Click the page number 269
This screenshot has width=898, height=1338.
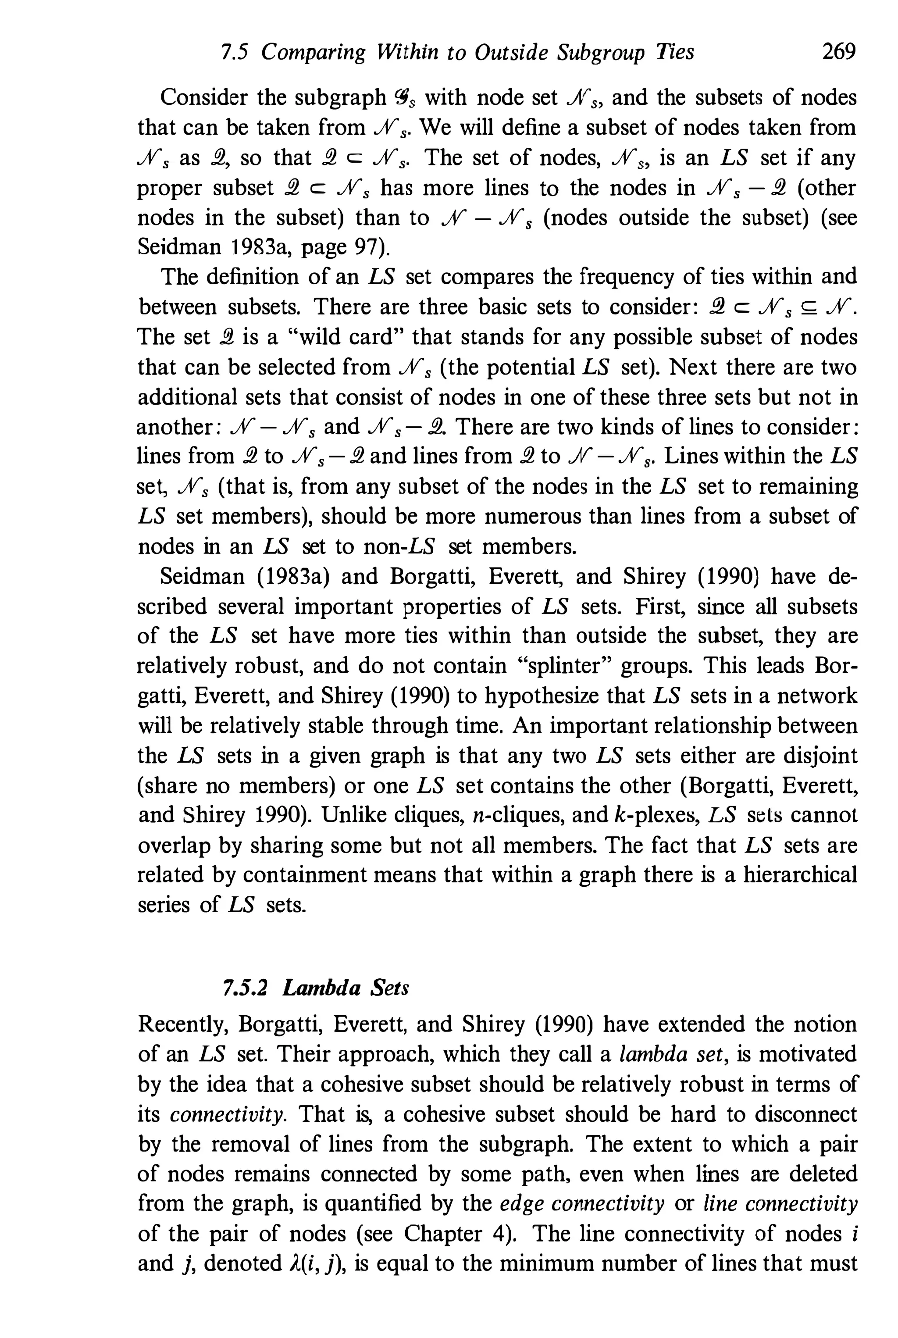click(x=838, y=52)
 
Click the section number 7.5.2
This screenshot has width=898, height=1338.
click(x=245, y=988)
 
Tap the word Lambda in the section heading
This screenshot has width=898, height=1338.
click(x=321, y=988)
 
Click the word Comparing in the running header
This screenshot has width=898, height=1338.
click(x=313, y=53)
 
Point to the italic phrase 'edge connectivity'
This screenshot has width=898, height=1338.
click(x=582, y=1203)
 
